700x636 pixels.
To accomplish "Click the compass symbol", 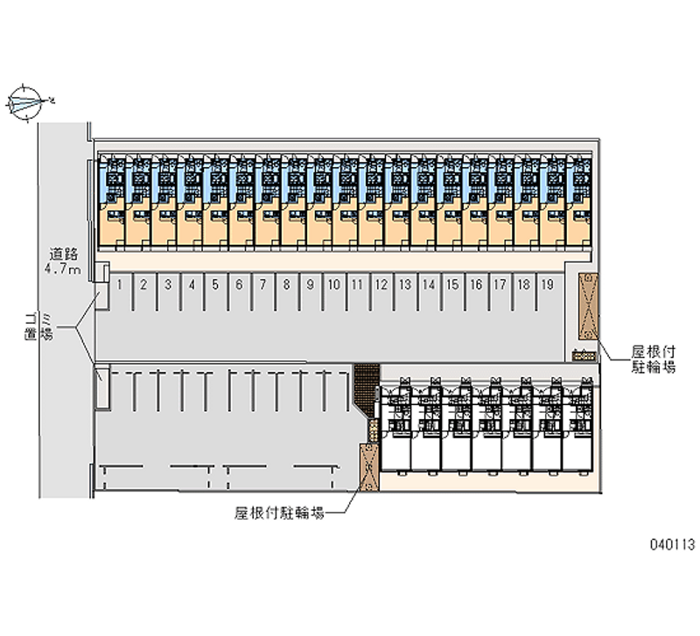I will click(26, 102).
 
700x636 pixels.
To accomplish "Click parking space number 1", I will click(119, 283).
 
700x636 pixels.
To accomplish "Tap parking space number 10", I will click(333, 283).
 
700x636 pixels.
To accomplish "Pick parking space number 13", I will click(404, 283).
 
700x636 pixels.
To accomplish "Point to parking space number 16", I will click(475, 283).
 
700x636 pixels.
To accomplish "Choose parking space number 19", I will click(546, 283).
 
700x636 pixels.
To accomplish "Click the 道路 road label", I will click(64, 255).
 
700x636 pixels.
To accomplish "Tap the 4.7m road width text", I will click(64, 269).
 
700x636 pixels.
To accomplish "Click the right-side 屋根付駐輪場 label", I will click(654, 360).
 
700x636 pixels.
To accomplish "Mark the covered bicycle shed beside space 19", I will click(586, 305).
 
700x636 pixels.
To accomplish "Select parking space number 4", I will click(191, 283).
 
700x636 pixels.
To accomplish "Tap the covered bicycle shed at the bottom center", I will click(368, 468).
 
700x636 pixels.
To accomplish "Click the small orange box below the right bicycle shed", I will click(583, 354).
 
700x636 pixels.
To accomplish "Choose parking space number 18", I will click(522, 283).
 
